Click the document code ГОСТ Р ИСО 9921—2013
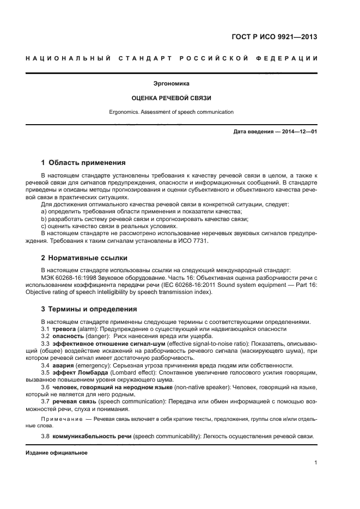tap(274, 38)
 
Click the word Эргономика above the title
tap(172, 84)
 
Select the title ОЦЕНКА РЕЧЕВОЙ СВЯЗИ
tap(172, 99)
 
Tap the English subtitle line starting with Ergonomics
tap(172, 112)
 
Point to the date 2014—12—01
tap(296, 132)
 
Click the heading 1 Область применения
tap(84, 163)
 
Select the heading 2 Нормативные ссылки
tap(84, 258)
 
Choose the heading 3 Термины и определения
tap(89, 309)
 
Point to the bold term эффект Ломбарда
tap(77, 372)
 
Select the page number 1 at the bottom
tap(316, 463)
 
